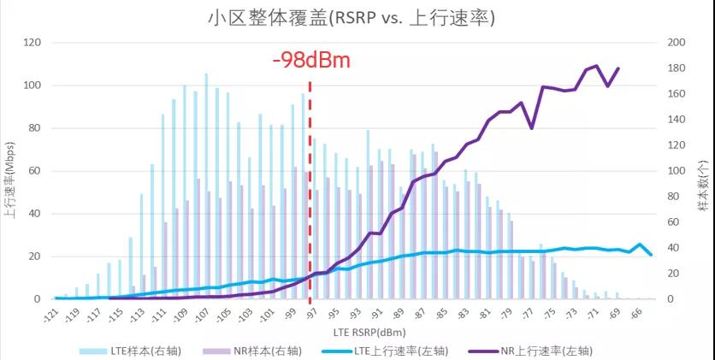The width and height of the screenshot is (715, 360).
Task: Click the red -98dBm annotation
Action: click(x=311, y=61)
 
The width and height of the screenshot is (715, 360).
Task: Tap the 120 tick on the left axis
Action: click(x=33, y=42)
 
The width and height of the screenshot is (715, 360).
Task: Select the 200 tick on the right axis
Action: click(x=675, y=42)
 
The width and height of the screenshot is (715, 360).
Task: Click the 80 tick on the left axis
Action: click(x=36, y=128)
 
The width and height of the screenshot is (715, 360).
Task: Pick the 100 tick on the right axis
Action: click(x=675, y=171)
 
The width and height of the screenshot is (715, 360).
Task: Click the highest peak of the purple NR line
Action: click(x=597, y=66)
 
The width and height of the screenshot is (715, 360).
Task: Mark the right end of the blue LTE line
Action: click(x=651, y=255)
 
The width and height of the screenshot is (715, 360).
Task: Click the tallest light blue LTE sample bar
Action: click(x=205, y=74)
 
